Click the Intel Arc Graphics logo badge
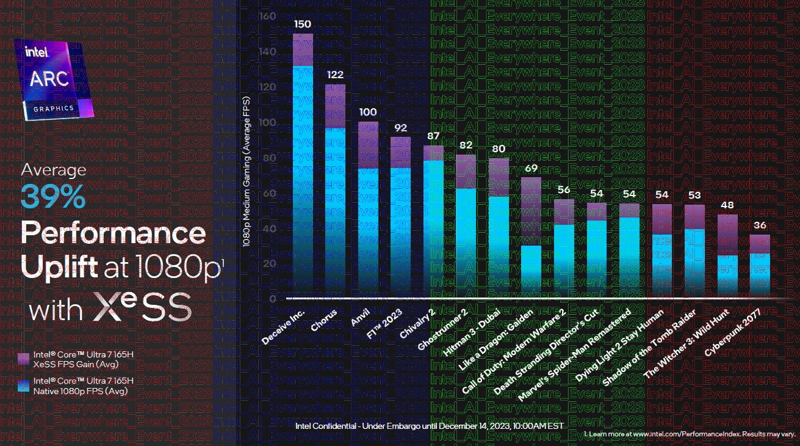click(55, 79)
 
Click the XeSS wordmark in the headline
click(142, 309)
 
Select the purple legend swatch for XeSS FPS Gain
click(24, 357)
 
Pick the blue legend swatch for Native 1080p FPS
click(24, 384)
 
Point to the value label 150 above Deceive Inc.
click(303, 24)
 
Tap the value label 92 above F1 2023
click(400, 128)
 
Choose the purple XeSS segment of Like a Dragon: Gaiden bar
click(532, 211)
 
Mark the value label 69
click(532, 169)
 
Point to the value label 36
click(760, 225)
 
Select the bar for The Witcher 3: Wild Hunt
click(727, 256)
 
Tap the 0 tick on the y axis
click(273, 299)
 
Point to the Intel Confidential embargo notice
click(429, 425)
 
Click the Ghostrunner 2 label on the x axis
click(443, 331)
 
